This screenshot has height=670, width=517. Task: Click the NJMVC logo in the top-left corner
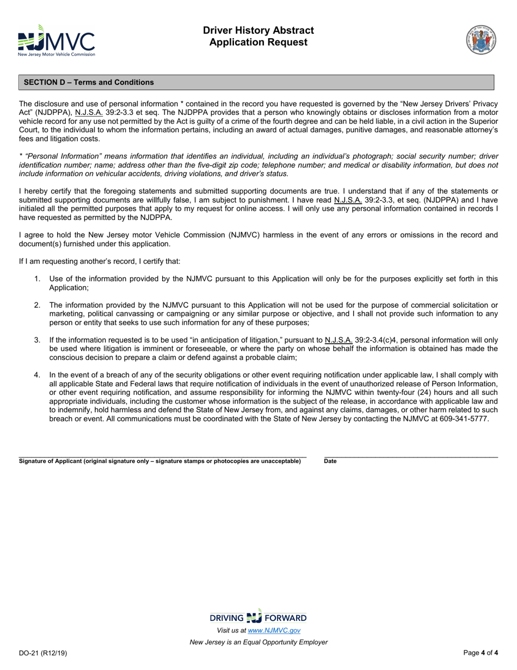pyautogui.click(x=56, y=41)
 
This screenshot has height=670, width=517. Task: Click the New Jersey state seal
pyautogui.click(x=481, y=39)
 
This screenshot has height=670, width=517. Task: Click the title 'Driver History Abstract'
pyautogui.click(x=258, y=31)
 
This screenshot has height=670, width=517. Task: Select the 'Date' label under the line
pyautogui.click(x=330, y=461)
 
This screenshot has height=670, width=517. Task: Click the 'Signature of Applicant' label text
pyautogui.click(x=159, y=461)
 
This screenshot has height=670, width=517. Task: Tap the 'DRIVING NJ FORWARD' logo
pyautogui.click(x=258, y=618)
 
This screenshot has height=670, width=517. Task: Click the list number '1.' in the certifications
pyautogui.click(x=37, y=279)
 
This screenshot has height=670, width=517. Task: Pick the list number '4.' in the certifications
pyautogui.click(x=37, y=375)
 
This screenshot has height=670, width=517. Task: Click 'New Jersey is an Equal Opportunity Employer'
pyautogui.click(x=258, y=642)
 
